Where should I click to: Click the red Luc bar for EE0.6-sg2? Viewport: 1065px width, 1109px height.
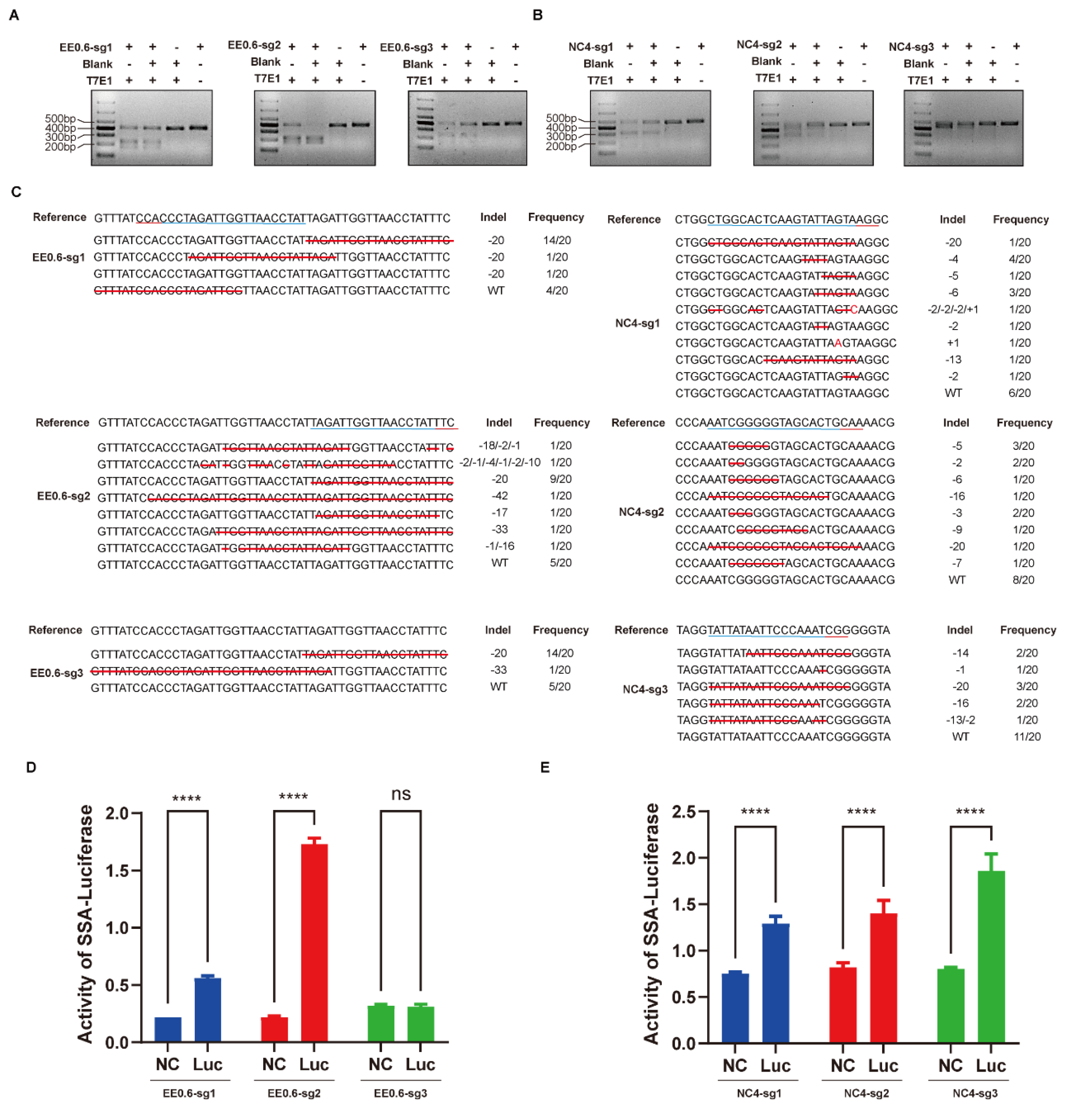click(x=314, y=942)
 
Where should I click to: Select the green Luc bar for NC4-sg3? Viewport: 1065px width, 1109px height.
click(x=990, y=956)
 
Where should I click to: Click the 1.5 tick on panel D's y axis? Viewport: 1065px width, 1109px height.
click(x=117, y=871)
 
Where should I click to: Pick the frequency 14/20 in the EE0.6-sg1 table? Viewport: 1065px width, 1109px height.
click(x=556, y=240)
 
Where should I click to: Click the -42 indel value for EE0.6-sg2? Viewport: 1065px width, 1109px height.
click(x=500, y=496)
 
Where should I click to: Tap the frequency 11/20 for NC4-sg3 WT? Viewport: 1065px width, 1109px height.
click(x=1026, y=737)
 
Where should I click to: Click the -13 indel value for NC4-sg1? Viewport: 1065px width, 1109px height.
click(x=953, y=360)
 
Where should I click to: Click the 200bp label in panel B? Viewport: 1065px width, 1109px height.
click(x=560, y=147)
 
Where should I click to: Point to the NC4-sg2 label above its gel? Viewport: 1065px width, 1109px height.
click(x=759, y=45)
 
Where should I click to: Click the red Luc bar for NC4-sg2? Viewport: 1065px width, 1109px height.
click(x=883, y=978)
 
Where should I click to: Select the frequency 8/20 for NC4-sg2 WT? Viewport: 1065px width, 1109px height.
click(x=1023, y=580)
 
